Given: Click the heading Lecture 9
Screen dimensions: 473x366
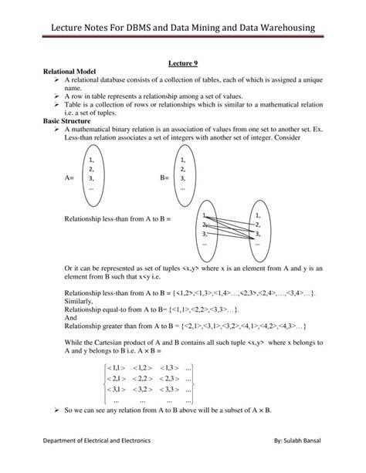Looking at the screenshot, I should pos(183,67).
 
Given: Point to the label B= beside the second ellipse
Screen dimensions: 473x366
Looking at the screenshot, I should pos(164,177).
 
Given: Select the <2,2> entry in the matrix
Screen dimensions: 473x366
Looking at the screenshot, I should pos(144,379).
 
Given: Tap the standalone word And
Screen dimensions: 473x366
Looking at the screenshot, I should pos(71,316).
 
